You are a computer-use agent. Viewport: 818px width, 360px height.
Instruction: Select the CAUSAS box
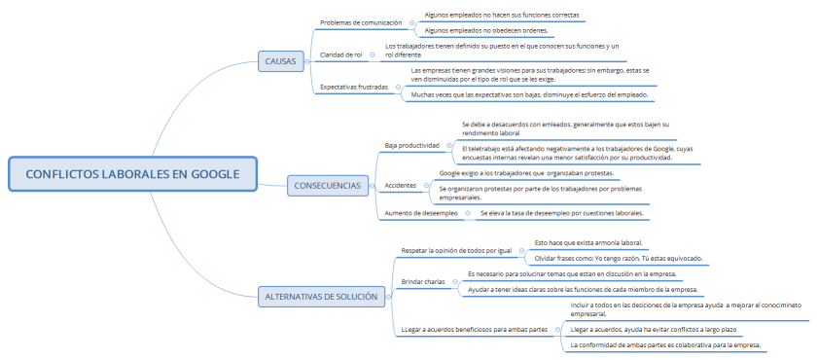280,61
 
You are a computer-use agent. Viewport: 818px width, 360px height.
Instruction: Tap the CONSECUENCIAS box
328,185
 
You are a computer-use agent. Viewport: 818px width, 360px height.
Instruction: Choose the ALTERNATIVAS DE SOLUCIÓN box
320,297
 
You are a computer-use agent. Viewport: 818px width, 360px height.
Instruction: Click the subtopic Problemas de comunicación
360,22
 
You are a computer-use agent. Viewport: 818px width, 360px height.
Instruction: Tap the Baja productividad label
412,145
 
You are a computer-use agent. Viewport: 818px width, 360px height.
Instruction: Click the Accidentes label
401,184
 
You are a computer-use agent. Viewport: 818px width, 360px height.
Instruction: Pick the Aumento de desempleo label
421,212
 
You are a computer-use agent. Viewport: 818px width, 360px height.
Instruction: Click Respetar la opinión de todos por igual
456,250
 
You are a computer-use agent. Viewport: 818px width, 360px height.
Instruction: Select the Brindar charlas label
423,281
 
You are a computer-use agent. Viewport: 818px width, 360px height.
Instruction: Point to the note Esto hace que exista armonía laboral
588,242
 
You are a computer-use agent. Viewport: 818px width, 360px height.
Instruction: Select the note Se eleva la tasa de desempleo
561,212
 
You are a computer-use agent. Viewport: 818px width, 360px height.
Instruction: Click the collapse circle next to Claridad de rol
373,54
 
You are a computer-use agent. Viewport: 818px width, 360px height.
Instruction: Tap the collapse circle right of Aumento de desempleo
468,212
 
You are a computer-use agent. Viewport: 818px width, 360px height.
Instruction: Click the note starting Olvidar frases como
619,258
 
